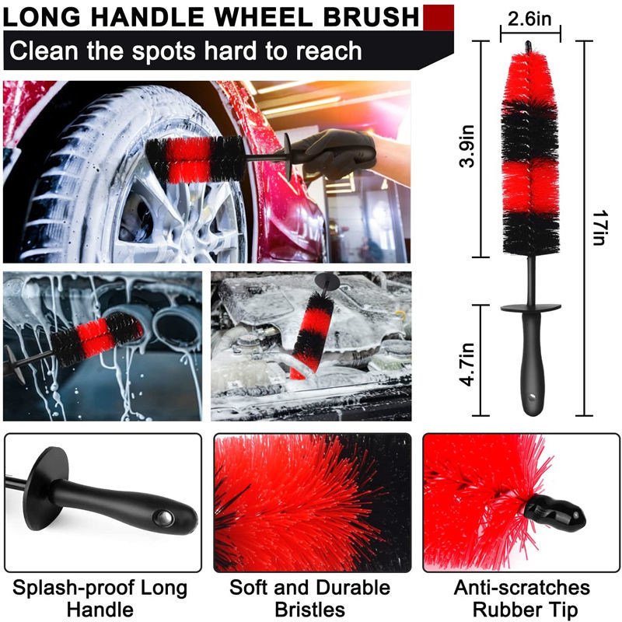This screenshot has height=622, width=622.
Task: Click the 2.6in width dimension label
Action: [x=529, y=18]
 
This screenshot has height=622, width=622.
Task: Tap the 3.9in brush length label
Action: [x=467, y=146]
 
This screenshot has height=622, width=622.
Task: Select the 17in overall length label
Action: [x=599, y=228]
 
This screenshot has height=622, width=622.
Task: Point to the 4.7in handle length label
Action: [x=467, y=364]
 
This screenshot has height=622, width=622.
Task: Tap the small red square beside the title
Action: [x=439, y=17]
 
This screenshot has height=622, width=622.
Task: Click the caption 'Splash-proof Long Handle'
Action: [x=100, y=598]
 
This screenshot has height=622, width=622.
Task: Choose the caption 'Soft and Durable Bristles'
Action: [x=309, y=598]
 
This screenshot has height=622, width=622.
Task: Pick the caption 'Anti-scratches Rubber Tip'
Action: [x=522, y=598]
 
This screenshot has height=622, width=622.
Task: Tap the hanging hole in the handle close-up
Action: [x=163, y=518]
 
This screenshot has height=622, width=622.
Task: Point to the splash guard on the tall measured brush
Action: [x=530, y=308]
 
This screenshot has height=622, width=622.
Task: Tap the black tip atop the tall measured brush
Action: [x=529, y=45]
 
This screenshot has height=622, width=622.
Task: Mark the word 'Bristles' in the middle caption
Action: [x=309, y=610]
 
